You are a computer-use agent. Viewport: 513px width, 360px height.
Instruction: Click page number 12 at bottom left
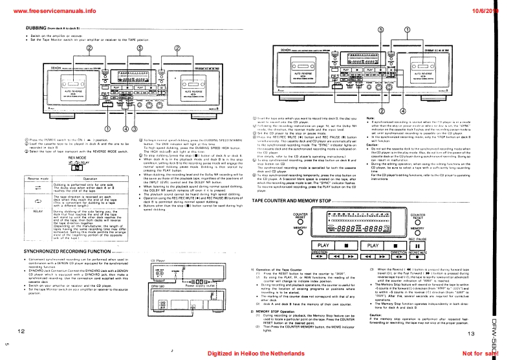(x=21, y=331)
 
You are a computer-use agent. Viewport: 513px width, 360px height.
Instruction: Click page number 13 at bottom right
(x=470, y=332)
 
